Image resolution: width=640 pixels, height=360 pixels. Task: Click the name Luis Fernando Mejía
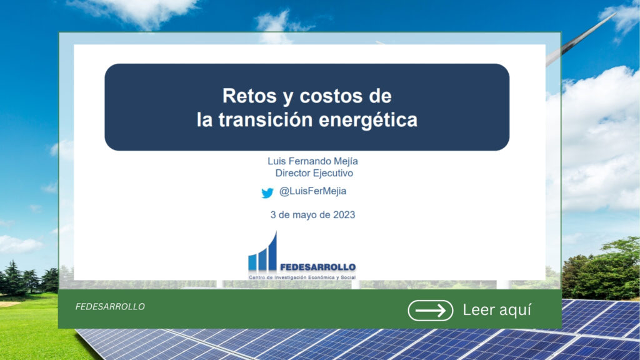pyautogui.click(x=312, y=161)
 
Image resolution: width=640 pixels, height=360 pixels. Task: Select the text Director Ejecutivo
pyautogui.click(x=314, y=173)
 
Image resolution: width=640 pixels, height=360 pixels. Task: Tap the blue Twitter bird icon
pyautogui.click(x=267, y=192)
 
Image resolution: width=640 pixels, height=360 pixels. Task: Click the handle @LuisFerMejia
pyautogui.click(x=312, y=191)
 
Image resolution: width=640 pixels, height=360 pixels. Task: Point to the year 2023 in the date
pyautogui.click(x=344, y=215)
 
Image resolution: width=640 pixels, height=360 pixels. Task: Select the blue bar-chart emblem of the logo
pyautogui.click(x=263, y=252)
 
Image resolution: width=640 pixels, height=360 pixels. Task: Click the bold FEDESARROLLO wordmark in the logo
pyautogui.click(x=317, y=267)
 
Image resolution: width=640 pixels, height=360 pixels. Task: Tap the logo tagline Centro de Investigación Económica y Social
pyautogui.click(x=302, y=277)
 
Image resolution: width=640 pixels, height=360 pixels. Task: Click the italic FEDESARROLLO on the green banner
pyautogui.click(x=110, y=306)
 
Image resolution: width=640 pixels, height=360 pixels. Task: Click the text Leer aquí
pyautogui.click(x=497, y=310)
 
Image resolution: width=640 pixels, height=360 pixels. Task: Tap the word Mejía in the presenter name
pyautogui.click(x=346, y=162)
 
